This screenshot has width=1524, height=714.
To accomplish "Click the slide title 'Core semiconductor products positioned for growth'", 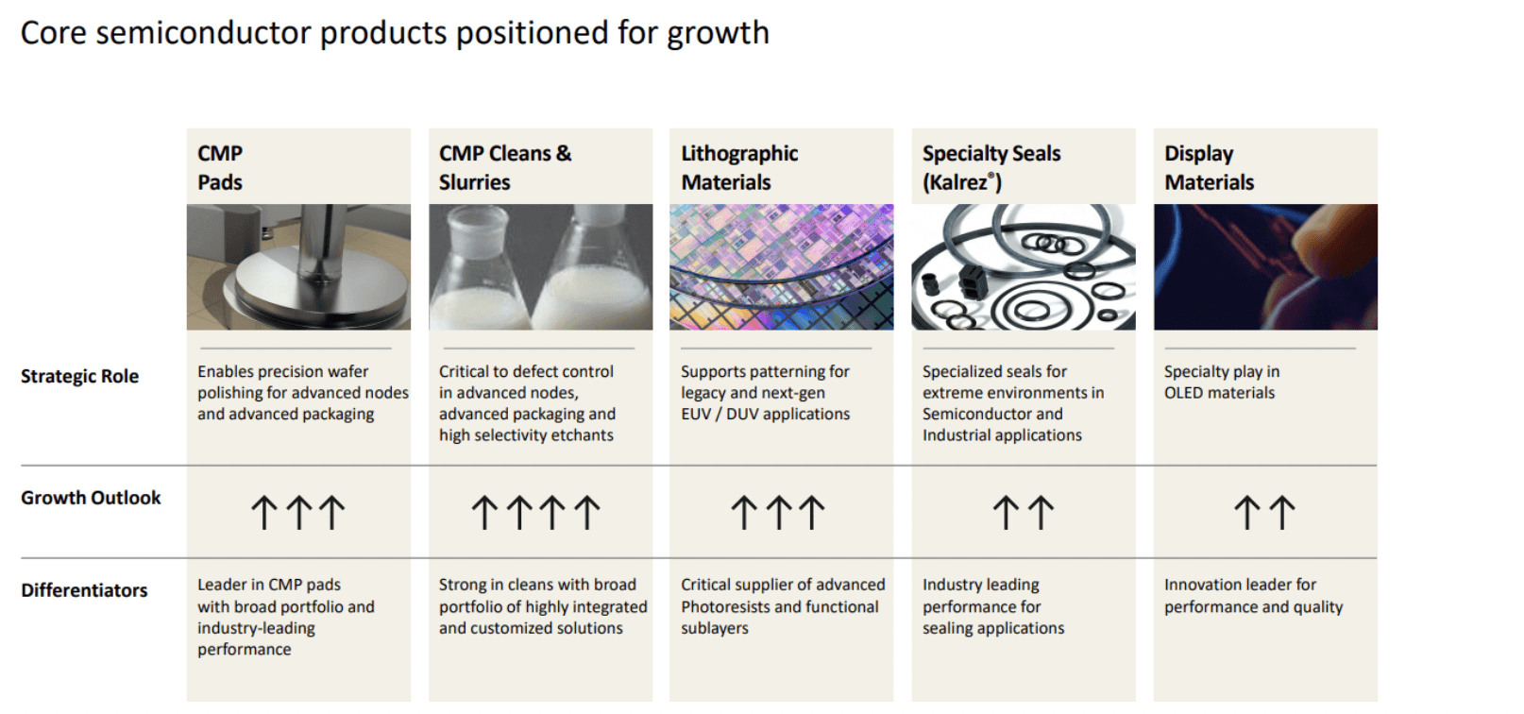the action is point(395,33).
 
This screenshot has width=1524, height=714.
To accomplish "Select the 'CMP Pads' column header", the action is point(220,167).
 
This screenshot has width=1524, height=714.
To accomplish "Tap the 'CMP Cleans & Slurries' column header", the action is point(504,167).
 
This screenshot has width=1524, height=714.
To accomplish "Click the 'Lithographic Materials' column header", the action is point(739,167).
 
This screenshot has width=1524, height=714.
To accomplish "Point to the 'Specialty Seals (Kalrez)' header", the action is point(991,167).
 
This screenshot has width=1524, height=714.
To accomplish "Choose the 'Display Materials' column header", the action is point(1209,167).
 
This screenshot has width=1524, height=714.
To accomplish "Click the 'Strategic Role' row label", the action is point(79,376).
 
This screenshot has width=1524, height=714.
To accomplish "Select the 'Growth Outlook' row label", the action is point(91,498).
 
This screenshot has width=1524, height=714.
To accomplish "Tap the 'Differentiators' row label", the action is point(84,590).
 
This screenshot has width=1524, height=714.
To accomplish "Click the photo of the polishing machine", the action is point(298,267).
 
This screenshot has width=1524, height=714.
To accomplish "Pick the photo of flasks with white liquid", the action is point(540,267).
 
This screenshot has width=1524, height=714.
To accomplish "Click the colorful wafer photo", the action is point(781,267).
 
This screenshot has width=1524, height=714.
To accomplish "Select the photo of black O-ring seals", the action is point(1023,267).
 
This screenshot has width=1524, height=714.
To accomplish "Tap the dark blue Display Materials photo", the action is point(1264,267).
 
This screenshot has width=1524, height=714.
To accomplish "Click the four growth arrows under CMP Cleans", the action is point(535,513).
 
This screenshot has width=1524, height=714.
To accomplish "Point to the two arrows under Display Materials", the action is point(1264,513).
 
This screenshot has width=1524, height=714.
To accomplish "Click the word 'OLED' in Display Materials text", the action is point(1184,393).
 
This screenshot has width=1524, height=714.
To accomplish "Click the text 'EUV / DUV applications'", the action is point(765,414).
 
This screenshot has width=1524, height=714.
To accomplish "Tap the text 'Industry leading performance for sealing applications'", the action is point(992,606).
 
